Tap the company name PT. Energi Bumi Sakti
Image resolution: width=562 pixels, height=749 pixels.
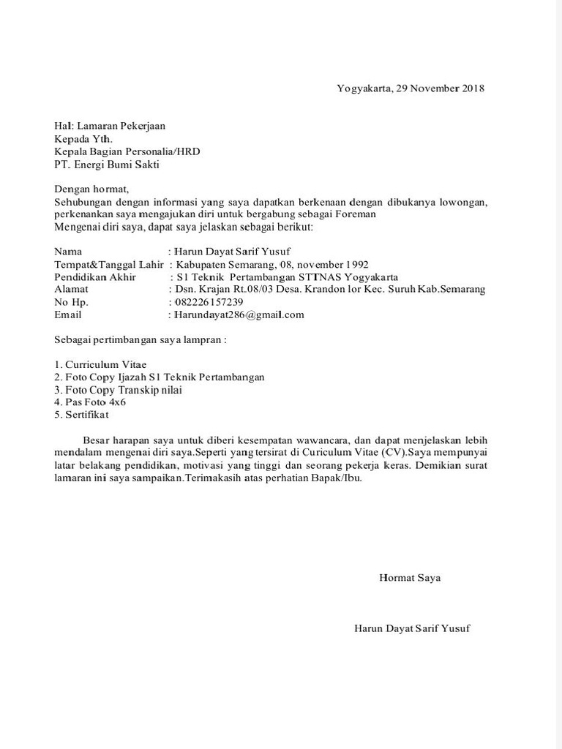[106, 165]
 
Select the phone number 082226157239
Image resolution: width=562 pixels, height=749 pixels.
[209, 302]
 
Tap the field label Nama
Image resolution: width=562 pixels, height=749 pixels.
[69, 251]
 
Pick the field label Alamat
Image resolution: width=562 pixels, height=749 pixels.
[71, 290]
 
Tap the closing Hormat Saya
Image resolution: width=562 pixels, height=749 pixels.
[410, 578]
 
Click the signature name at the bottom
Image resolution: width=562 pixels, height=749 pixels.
[412, 628]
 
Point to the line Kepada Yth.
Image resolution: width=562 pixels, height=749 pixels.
[83, 139]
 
